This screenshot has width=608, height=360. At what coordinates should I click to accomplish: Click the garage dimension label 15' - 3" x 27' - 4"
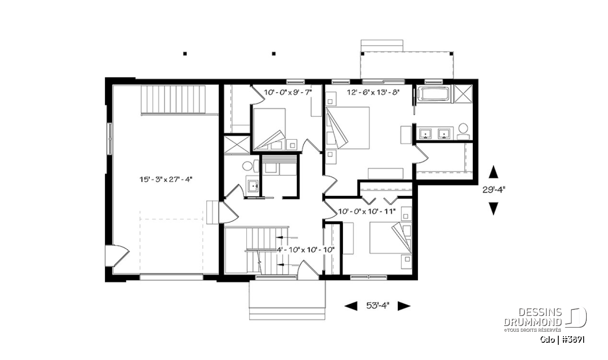pyautogui.click(x=166, y=179)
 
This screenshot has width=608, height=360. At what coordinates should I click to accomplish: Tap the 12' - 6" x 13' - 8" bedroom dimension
pyautogui.click(x=373, y=93)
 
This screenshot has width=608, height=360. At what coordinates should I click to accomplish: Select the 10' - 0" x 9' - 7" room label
pyautogui.click(x=288, y=93)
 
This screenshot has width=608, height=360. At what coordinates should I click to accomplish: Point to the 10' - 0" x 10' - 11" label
pyautogui.click(x=367, y=211)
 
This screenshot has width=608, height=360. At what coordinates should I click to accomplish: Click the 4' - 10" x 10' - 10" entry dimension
pyautogui.click(x=306, y=250)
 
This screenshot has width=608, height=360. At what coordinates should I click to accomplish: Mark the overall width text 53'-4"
pyautogui.click(x=377, y=306)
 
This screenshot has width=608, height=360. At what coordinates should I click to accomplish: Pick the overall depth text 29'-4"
pyautogui.click(x=493, y=190)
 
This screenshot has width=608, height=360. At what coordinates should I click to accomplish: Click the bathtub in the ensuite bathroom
pyautogui.click(x=434, y=94)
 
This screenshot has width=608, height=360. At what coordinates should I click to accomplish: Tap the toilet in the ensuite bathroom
pyautogui.click(x=463, y=132)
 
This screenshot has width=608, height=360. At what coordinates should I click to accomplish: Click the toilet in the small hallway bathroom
pyautogui.click(x=250, y=166)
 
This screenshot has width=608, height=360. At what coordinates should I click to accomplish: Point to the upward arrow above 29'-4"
pyautogui.click(x=493, y=172)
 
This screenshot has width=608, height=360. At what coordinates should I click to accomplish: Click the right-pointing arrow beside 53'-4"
pyautogui.click(x=404, y=306)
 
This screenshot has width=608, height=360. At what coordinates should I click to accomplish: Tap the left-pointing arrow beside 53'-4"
pyautogui.click(x=351, y=306)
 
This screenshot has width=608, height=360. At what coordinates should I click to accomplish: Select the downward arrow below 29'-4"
pyautogui.click(x=493, y=209)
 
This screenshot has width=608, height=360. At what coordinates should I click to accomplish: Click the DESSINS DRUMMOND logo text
pyautogui.click(x=533, y=317)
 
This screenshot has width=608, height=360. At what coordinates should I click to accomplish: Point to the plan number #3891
pyautogui.click(x=573, y=340)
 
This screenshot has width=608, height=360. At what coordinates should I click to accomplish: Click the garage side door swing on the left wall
pyautogui.click(x=117, y=256)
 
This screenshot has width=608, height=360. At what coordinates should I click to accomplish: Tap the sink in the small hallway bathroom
pyautogui.click(x=253, y=186)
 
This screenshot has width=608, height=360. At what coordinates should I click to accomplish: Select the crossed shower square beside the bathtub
pyautogui.click(x=463, y=94)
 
